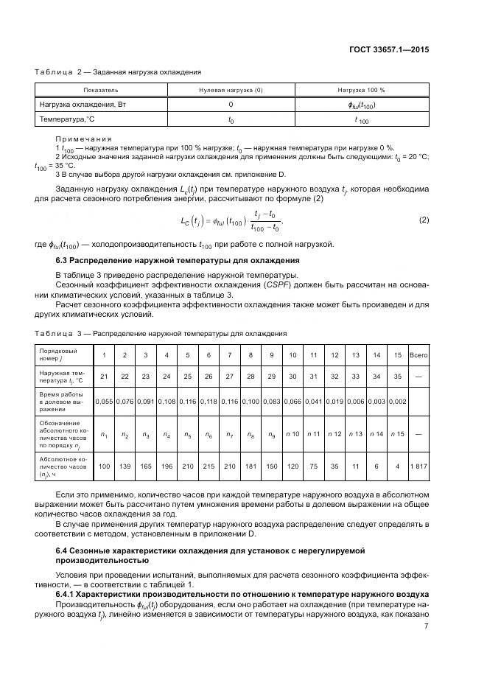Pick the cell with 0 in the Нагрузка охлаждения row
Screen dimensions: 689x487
point(231,105)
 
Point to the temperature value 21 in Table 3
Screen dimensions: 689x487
point(104,377)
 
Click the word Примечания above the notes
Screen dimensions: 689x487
point(83,138)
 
